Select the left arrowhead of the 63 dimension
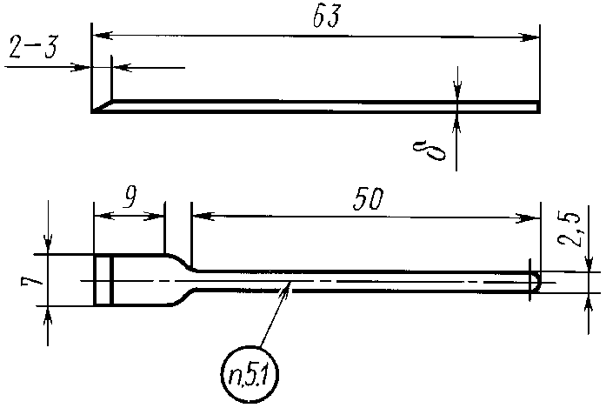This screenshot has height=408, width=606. (x=98, y=36)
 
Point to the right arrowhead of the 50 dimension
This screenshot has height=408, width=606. (x=533, y=217)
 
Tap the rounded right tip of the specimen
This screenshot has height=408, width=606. (x=536, y=281)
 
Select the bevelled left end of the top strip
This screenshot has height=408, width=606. (x=101, y=106)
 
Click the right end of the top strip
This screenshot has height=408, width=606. (x=537, y=106)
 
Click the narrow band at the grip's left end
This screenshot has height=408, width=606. (x=103, y=280)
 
